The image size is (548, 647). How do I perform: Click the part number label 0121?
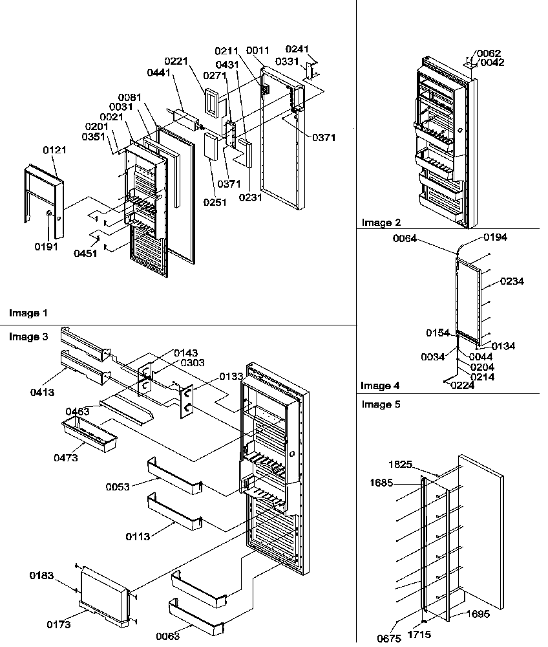click(55, 150)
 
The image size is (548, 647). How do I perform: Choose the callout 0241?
click(297, 49)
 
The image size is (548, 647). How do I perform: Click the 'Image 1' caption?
click(28, 313)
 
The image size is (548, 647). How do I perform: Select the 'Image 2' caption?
click(381, 223)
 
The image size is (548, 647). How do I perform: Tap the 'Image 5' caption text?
click(381, 404)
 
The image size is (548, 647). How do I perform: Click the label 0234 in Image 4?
click(511, 281)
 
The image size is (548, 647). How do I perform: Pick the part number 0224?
click(462, 386)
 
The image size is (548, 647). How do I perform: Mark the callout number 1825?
click(401, 464)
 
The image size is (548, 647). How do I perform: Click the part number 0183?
click(41, 575)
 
